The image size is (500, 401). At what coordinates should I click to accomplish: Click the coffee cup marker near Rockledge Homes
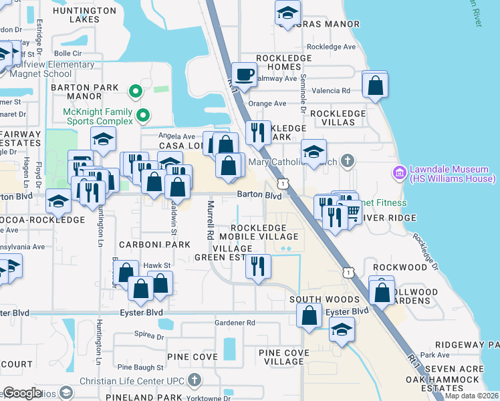pyautogui.click(x=244, y=74)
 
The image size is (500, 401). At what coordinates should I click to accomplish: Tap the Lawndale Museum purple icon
pyautogui.click(x=400, y=173)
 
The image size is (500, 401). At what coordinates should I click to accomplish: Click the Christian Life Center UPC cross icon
pyautogui.click(x=194, y=380)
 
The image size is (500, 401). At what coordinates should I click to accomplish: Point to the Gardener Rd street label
pyautogui.click(x=235, y=323)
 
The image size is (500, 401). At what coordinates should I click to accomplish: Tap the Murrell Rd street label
pyautogui.click(x=211, y=221)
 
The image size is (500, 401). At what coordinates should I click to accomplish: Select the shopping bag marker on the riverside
pyautogui.click(x=375, y=85)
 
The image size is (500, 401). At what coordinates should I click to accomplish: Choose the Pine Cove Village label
pyautogui.click(x=284, y=357)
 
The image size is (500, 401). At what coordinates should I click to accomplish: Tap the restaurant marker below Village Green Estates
pyautogui.click(x=258, y=266)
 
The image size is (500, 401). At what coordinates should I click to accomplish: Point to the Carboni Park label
pyautogui.click(x=146, y=245)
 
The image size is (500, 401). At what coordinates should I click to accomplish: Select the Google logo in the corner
pyautogui.click(x=23, y=393)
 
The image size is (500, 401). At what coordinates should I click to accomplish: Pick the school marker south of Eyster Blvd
pyautogui.click(x=342, y=329)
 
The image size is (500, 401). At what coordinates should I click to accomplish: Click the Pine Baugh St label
pyautogui.click(x=140, y=368)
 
